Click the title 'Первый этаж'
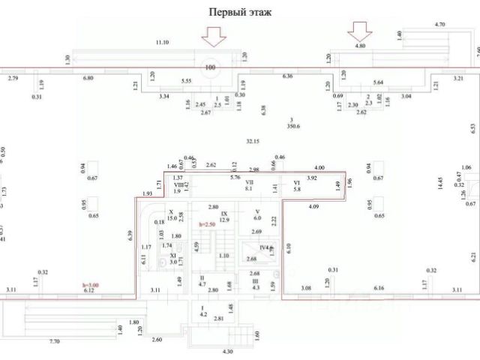pyautogui.click(x=240, y=12)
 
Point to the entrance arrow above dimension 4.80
pyautogui.click(x=359, y=30)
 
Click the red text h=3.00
pyautogui.click(x=91, y=285)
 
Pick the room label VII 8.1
pyautogui.click(x=250, y=185)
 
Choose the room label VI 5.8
pyautogui.click(x=296, y=185)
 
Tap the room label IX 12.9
pyautogui.click(x=223, y=217)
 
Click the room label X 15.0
pyautogui.click(x=172, y=214)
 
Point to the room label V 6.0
pyautogui.click(x=256, y=214)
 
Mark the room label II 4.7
pyautogui.click(x=202, y=281)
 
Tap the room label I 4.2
pyautogui.click(x=202, y=311)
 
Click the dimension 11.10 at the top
pyautogui.click(x=162, y=42)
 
